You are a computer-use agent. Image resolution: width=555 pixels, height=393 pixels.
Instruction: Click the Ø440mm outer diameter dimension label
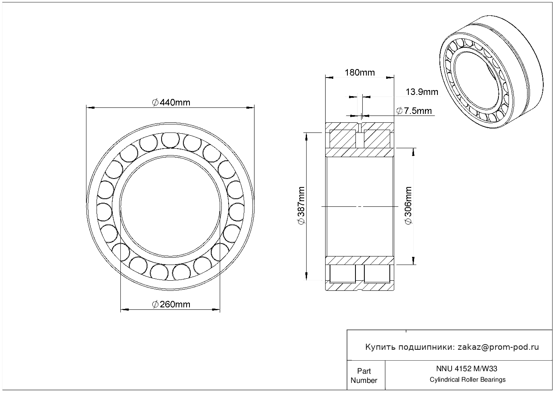[x=171, y=102]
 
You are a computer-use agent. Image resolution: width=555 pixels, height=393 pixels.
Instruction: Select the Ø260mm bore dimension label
[x=171, y=304]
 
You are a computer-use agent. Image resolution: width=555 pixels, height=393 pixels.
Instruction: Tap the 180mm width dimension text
[x=360, y=73]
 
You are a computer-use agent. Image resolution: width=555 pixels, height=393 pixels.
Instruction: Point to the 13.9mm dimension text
[x=422, y=92]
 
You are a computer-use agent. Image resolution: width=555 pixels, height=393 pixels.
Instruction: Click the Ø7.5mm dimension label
[x=414, y=111]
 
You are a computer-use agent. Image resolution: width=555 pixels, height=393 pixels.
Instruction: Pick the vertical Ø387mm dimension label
[x=301, y=206]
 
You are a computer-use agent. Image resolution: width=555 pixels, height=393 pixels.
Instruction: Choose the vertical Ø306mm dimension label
[x=408, y=206]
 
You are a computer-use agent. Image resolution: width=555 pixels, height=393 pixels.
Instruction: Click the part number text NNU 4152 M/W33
[x=467, y=369]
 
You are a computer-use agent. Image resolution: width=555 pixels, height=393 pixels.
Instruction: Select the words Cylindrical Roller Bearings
[x=467, y=379]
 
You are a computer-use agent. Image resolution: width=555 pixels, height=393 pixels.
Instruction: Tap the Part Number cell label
[x=364, y=375]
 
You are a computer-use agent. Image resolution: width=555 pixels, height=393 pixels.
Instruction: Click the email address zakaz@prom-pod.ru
[x=498, y=347]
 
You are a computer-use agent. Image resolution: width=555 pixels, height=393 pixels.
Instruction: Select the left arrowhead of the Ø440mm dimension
[x=90, y=108]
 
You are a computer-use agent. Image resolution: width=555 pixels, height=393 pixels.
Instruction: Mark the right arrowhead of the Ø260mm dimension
[x=216, y=309]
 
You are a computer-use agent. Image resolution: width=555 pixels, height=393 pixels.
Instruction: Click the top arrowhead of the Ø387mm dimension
[x=307, y=137]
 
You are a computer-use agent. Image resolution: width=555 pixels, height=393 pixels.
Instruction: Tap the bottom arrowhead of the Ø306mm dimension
[x=413, y=261]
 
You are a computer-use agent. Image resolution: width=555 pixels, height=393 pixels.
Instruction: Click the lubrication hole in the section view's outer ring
[x=360, y=127]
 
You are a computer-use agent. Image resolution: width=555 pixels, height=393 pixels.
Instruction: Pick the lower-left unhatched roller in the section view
[x=343, y=273]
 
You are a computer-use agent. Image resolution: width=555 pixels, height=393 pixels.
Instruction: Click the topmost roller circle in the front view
[x=170, y=140]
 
